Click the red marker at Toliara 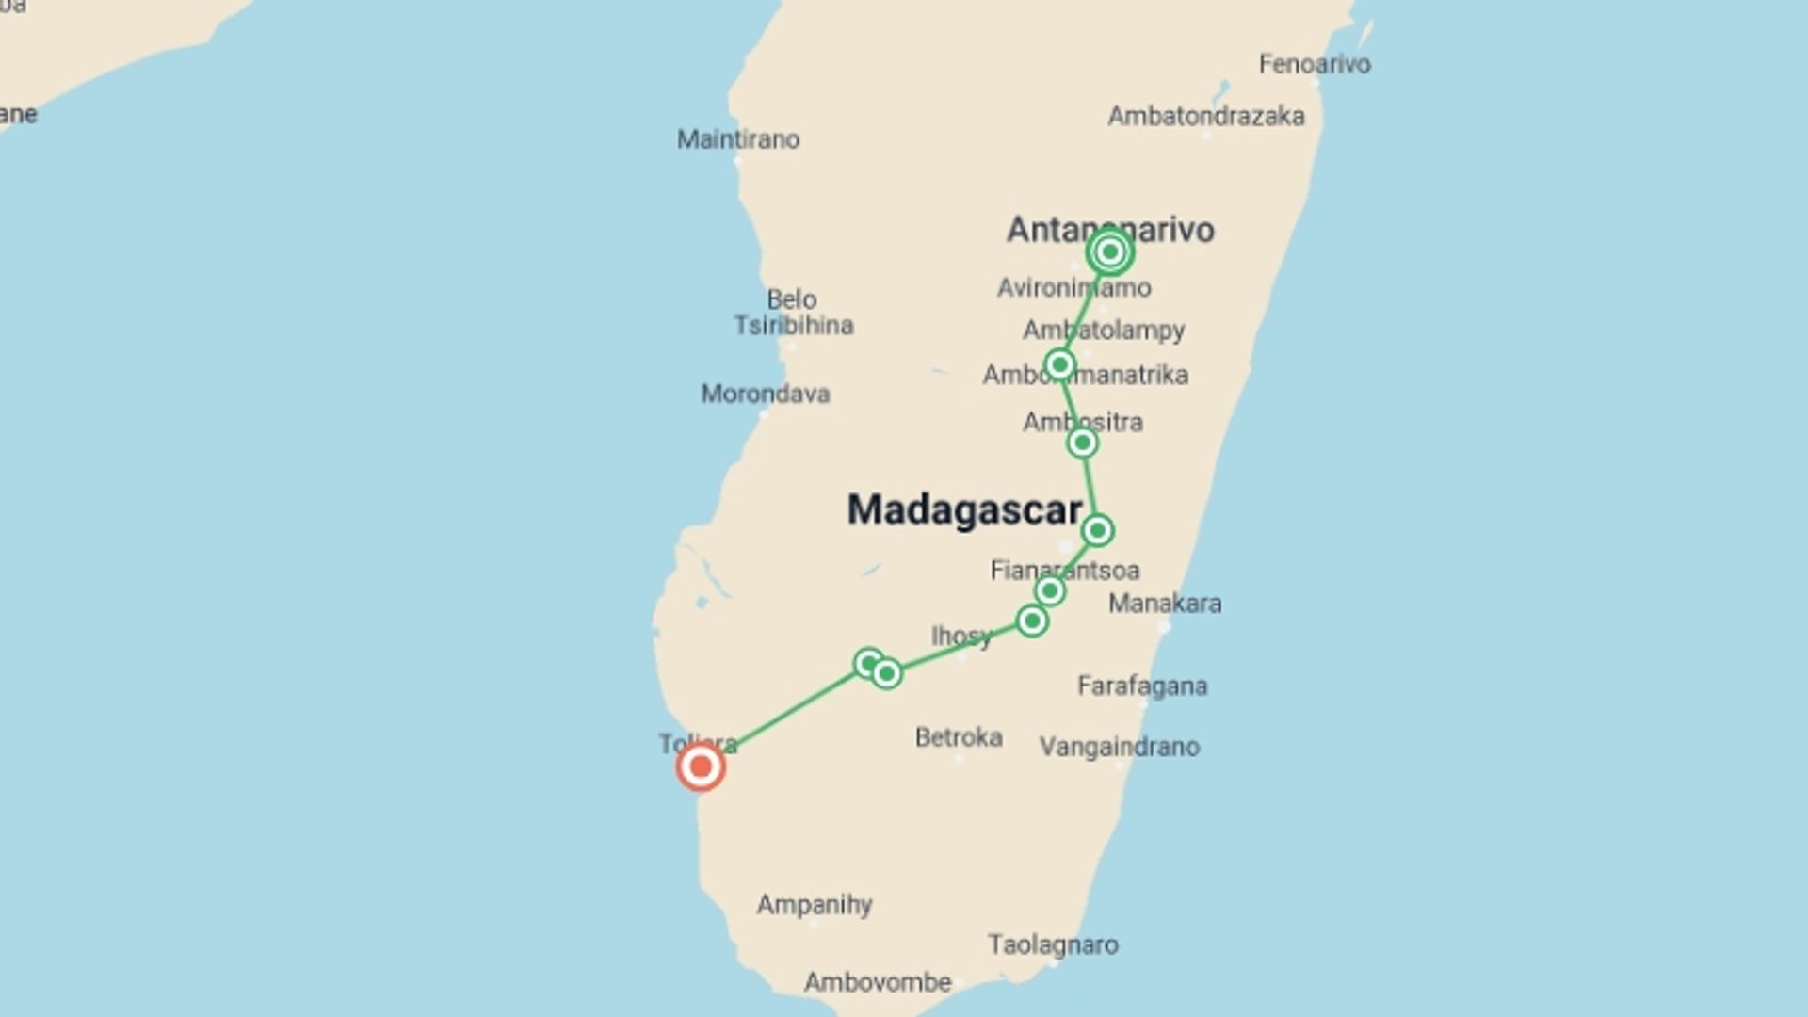coord(701,767)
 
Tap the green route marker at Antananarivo coord(1109,251)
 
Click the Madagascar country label coord(964,509)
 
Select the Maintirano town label coord(738,139)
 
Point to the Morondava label coord(765,394)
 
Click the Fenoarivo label coord(1315,64)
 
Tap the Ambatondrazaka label coord(1205,117)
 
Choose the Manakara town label coord(1165,604)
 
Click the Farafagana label coord(1142,686)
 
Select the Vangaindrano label coord(1119,747)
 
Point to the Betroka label coord(959,736)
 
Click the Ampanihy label coord(815,905)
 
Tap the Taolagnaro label coord(1053,944)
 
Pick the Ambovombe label coord(878,982)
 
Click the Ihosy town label coord(960,637)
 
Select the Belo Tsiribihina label coord(793,313)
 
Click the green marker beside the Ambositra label coord(1082,443)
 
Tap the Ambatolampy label coord(1104,331)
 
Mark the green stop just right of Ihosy coord(1032,621)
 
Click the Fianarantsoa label coord(1064,570)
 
